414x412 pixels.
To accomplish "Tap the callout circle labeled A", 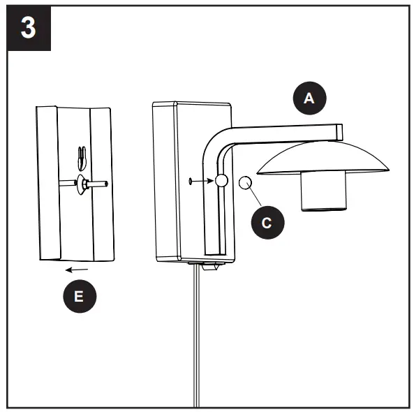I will [x=309, y=98].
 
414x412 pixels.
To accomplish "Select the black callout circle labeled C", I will [x=265, y=223].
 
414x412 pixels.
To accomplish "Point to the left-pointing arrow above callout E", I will [x=77, y=268].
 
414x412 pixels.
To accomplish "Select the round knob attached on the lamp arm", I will [x=221, y=181].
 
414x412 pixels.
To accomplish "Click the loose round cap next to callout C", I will [x=245, y=183].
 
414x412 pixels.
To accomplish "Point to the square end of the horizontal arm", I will [x=339, y=131].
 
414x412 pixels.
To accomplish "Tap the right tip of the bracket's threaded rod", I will [x=105, y=185].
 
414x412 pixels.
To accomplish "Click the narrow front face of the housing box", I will [x=164, y=182].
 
